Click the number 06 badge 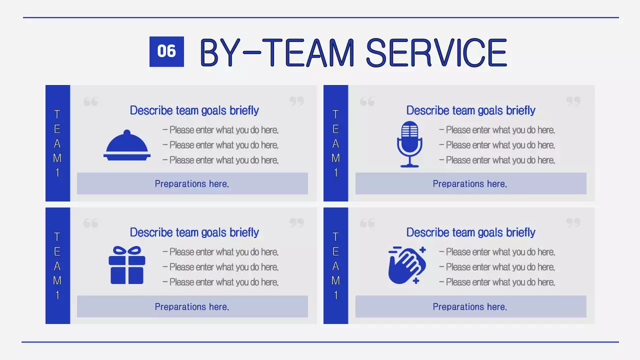[166, 51]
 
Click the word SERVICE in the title [436, 52]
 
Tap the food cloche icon [127, 145]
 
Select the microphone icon [409, 144]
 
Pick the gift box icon [127, 265]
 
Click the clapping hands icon [406, 265]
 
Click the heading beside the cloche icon [194, 110]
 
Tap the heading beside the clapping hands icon [470, 232]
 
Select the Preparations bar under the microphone [470, 183]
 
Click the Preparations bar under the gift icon [192, 306]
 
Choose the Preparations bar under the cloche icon [192, 183]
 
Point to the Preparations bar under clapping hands [470, 306]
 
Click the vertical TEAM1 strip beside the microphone [335, 143]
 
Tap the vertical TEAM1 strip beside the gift [57, 265]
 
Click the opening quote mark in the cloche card [90, 102]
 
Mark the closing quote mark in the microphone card [573, 101]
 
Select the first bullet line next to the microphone [497, 130]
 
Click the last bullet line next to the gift [220, 282]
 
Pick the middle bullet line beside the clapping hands [497, 267]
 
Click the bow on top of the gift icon [127, 250]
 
